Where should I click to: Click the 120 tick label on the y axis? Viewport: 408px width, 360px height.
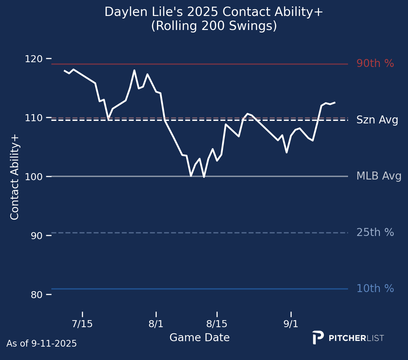pos(36,59)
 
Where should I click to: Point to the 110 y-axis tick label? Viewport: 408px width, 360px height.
pos(36,118)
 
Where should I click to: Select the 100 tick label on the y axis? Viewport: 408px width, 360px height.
pos(36,177)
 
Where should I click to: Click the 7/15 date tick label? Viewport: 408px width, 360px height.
pos(82,324)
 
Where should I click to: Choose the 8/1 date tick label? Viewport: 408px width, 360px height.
pos(156,324)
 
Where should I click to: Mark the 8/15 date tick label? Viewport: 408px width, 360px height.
pos(217,324)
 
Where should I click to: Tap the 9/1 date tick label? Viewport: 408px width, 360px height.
pos(291,324)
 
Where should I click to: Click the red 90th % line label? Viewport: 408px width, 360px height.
pos(375,63)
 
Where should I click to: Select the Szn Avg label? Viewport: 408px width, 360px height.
pos(377,120)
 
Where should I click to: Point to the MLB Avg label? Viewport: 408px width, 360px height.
pos(379,176)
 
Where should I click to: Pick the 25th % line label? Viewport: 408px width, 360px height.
pos(375,232)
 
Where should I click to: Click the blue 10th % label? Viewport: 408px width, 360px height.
pos(375,289)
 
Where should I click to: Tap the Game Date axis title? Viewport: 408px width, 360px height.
pos(199,337)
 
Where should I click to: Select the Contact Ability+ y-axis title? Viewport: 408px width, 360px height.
pos(15,177)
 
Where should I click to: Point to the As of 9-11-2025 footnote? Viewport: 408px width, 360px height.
pos(41,344)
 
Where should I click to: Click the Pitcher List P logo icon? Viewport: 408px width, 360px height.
pos(318,337)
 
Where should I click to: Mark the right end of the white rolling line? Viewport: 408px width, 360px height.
pos(335,102)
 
